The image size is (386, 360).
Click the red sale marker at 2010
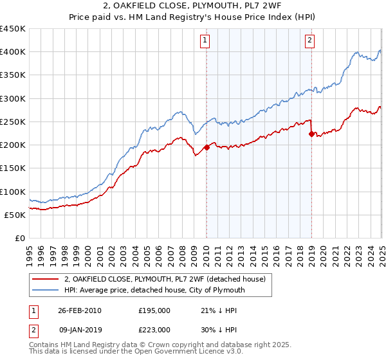click(x=207, y=147)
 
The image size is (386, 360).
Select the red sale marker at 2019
click(x=311, y=134)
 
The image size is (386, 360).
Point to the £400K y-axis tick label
click(x=13, y=52)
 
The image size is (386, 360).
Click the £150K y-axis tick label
click(x=13, y=168)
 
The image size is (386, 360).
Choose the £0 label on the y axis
click(x=19, y=238)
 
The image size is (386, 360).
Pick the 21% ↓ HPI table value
click(x=218, y=310)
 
